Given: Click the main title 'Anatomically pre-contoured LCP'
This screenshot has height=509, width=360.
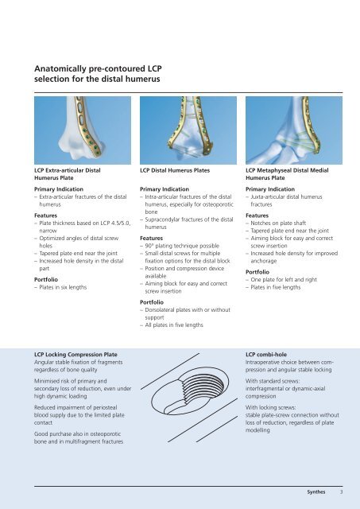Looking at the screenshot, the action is coord(98,69).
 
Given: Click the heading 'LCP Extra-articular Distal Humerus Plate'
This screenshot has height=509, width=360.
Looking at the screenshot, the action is coord(68,174).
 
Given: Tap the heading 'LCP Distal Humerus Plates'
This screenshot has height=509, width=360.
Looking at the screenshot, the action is coord(175,170).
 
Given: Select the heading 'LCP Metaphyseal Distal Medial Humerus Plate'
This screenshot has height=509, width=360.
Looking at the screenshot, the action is coord(287,174).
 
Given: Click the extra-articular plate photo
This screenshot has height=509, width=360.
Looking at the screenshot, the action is coord(83,130).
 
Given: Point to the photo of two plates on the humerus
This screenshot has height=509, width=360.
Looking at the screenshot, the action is coord(188,130).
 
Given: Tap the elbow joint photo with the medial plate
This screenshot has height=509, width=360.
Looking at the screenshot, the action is coord(294,130).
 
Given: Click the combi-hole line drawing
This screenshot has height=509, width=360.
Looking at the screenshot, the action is coord(190,398).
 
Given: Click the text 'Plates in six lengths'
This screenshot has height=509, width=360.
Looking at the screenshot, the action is coord(63,287).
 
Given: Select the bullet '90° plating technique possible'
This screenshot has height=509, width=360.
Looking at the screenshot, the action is coord(182,246).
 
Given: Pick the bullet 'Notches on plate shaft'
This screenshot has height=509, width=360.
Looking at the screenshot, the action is coord(278,223).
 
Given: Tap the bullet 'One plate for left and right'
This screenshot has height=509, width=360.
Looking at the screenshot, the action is coord(284,279).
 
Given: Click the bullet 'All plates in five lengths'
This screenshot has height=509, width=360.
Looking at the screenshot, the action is coord(174,325).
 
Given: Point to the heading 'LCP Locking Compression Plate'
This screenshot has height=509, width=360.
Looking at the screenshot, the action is coord(75,355).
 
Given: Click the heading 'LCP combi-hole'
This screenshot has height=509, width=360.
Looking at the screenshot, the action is coord(266,355).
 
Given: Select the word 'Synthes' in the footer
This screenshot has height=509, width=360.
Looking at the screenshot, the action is coord(316,492).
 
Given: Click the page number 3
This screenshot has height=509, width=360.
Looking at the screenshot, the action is coord(341,492).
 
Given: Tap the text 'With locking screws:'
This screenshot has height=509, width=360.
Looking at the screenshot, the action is coord(270,407).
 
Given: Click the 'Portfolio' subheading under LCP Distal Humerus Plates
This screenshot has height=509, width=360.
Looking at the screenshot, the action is coord(152,302).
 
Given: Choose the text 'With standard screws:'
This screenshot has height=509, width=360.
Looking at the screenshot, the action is coord(273,381).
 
